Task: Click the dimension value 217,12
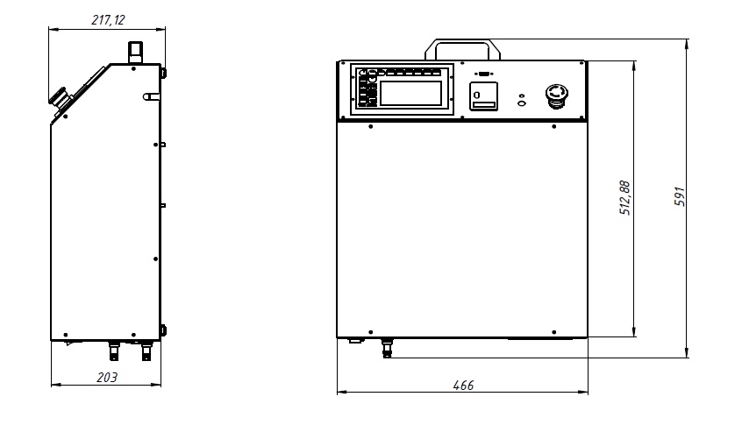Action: coord(108,20)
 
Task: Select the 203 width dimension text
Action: coord(107,378)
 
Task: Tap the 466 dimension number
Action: coord(463,386)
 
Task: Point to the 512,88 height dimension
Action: coord(624,198)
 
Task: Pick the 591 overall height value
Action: coord(680,196)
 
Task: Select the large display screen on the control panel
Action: coord(410,93)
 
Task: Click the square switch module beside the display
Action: coord(483,96)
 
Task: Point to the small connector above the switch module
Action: coord(483,74)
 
